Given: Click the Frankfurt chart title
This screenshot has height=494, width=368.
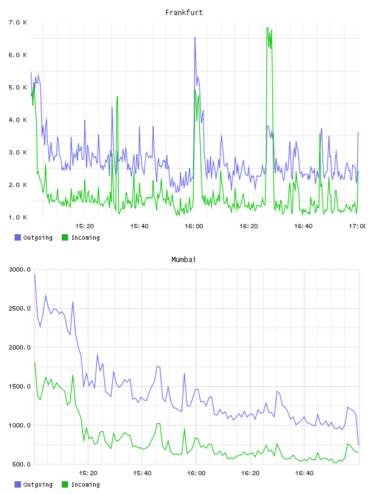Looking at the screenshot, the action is pos(184,12).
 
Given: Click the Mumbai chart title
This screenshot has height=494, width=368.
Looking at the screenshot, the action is pos(183,259).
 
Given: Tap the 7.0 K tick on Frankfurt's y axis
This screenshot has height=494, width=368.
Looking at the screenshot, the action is pos(18,22).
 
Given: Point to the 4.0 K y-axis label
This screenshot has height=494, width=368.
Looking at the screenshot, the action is pos(18,120).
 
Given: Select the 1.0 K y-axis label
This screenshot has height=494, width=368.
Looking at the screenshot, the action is pos(18,217).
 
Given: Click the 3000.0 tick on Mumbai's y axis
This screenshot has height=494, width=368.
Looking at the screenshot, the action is pos(19,269).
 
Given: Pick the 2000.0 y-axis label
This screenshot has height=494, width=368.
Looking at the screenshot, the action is pos(19,347).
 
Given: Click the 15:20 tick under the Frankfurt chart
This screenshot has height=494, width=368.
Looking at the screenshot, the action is pos(85,226).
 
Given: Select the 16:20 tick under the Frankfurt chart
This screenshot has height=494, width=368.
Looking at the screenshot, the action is pos(249,226).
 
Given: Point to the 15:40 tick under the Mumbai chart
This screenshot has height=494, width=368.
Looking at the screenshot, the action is pos(142,473).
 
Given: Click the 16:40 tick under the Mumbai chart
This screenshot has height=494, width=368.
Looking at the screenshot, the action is pos(304,473).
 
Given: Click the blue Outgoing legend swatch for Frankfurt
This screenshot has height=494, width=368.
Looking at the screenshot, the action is pos(18,237).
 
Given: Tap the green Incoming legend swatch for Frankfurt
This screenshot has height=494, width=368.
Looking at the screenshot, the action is pos(65,237).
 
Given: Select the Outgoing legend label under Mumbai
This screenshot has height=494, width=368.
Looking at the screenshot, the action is pos(38,484).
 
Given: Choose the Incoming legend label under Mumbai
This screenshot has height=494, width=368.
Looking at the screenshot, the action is pos(85,484).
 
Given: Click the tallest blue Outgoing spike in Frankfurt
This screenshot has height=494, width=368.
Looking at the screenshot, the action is pos(195,38).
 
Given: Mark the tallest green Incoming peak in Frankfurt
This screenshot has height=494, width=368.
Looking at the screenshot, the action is pos(267,28).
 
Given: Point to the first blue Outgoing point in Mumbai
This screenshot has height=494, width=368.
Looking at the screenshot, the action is pos(34,275).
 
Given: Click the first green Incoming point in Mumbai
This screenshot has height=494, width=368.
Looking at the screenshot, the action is pos(34,362).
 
